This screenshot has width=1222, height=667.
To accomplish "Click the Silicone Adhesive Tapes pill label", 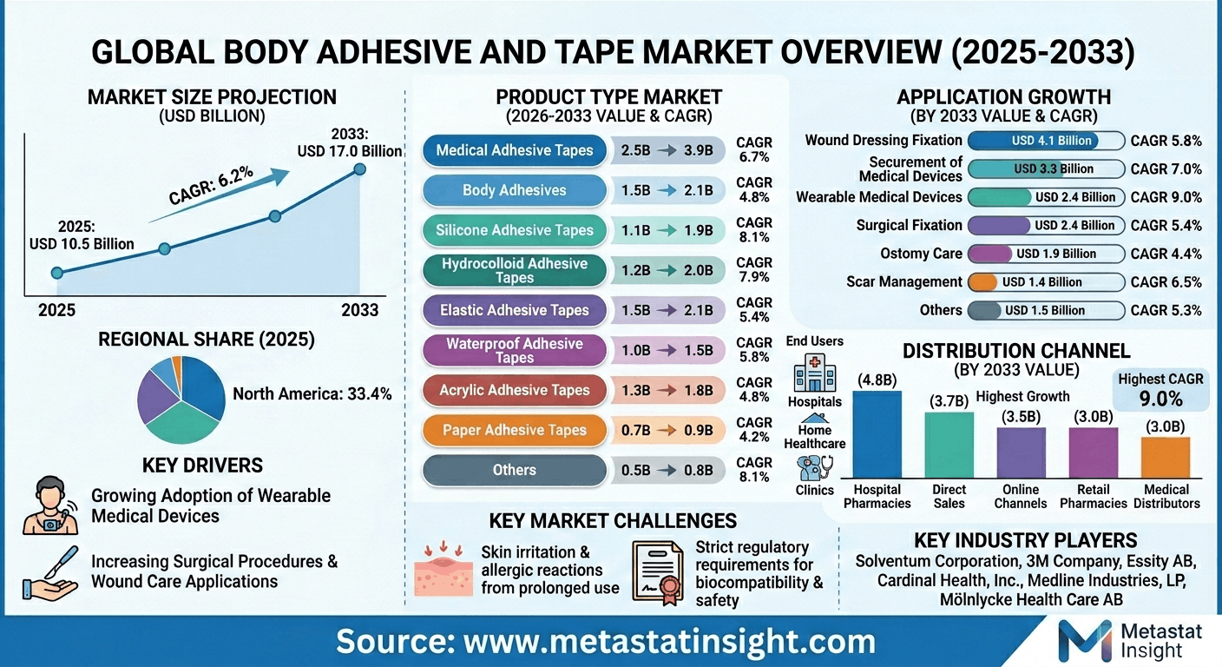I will [515, 230].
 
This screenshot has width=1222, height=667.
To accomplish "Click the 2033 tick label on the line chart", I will [360, 310].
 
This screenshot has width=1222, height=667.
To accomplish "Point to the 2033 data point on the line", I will [359, 168].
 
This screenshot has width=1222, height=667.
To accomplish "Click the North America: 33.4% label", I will [312, 393].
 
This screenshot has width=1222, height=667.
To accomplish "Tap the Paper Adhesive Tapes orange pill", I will [515, 430].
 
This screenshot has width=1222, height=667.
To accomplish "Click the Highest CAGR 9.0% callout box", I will [1161, 389].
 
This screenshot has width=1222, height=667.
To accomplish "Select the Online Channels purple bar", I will [1021, 453].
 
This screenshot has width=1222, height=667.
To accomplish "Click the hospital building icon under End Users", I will [814, 373].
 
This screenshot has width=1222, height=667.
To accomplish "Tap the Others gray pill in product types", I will [515, 470].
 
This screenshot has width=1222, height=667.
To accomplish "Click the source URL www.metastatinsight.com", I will [606, 642].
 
